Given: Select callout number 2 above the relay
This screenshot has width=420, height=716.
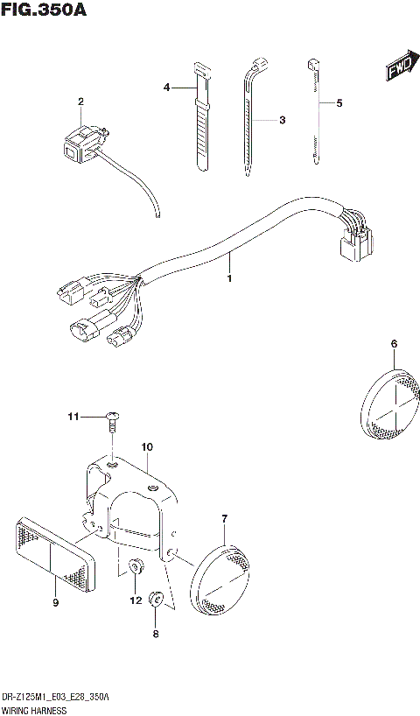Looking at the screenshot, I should (80, 102).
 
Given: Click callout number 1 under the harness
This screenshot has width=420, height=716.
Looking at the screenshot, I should (229, 278).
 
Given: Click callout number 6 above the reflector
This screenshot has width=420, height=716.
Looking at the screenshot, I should (394, 344).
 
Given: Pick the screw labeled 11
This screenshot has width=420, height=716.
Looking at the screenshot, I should (112, 420).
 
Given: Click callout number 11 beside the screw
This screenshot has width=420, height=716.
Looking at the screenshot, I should (74, 416).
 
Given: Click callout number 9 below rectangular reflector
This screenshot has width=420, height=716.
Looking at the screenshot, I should (55, 602).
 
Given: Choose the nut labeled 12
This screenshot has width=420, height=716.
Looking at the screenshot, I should (136, 567).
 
